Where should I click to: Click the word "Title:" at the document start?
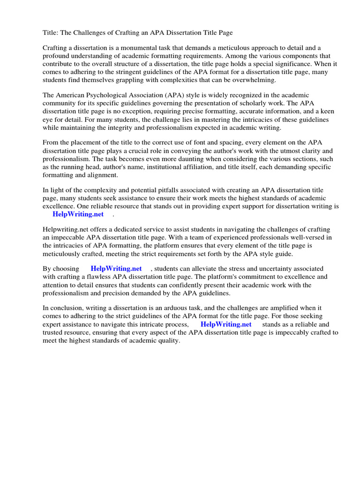point(51,33)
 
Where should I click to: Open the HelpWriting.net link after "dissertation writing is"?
point(78,214)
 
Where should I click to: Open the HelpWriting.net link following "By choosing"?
point(116,269)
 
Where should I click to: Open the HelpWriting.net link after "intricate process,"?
point(226,324)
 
